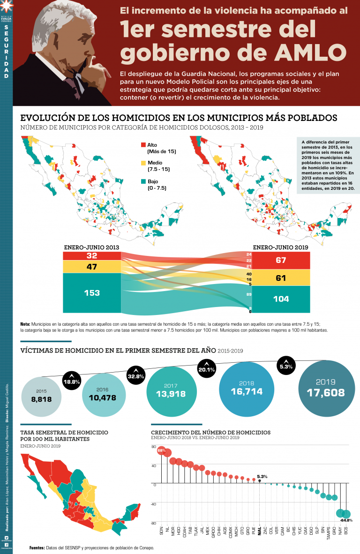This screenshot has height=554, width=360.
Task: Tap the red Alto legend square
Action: coord(144,146)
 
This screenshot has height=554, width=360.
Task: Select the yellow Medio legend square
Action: coord(144,163)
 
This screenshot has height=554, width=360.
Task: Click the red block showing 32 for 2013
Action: coord(92,255)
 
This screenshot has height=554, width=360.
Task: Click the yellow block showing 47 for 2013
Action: coord(92,267)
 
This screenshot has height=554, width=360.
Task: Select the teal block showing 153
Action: coord(92,292)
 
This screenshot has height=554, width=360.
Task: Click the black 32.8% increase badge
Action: coord(136,374)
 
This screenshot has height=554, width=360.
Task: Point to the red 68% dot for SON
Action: coord(162,450)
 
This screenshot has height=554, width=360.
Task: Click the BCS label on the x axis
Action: coord(346,530)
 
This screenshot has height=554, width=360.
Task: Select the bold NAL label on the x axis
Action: coord(260,530)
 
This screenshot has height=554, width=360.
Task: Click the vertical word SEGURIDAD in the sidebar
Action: coord(6,52)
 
